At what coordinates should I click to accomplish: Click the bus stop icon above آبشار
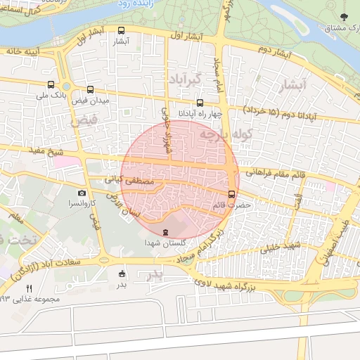pyautogui.click(x=122, y=30)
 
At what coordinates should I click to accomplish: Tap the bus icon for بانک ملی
pyautogui.click(x=51, y=84)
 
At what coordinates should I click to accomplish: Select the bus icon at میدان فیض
pyautogui.click(x=90, y=90)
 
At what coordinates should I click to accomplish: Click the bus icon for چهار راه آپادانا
pyautogui.click(x=200, y=102)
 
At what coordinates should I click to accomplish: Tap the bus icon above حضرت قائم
pyautogui.click(x=232, y=194)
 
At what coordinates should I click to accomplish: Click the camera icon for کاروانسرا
pyautogui.click(x=82, y=193)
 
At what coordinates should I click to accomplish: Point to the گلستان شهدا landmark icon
pyautogui.click(x=166, y=232)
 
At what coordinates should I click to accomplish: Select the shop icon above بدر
pyautogui.click(x=122, y=274)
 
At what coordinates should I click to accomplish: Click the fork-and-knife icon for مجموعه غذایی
pyautogui.click(x=29, y=288)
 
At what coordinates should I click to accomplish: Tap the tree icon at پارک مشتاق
pyautogui.click(x=343, y=16)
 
